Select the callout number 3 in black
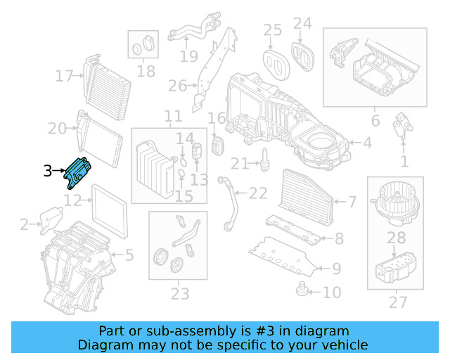47,171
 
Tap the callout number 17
65,75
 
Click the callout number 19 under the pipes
188,56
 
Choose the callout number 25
273,30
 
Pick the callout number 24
302,23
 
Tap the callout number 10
332,291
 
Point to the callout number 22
258,193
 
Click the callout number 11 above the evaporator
173,116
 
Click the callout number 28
397,238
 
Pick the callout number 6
375,121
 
